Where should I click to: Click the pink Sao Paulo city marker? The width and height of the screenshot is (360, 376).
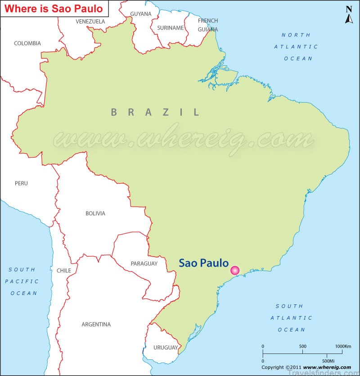click(x=234, y=270)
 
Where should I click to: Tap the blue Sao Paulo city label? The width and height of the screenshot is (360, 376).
click(x=204, y=263)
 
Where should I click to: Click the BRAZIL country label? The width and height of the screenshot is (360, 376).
click(x=155, y=112)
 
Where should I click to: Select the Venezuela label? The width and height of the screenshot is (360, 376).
click(x=90, y=21)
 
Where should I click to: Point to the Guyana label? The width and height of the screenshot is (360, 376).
click(x=141, y=14)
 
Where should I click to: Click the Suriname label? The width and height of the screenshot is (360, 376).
click(x=170, y=28)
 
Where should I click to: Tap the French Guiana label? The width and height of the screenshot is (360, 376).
click(x=207, y=25)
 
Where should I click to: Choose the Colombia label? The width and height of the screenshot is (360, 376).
click(x=27, y=43)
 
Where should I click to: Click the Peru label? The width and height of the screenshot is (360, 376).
click(x=21, y=183)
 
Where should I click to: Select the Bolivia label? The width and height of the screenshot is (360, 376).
click(x=95, y=213)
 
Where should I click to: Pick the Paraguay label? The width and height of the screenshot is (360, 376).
click(x=144, y=263)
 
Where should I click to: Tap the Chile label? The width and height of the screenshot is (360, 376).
click(x=63, y=271)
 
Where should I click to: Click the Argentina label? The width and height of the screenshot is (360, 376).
click(x=96, y=324)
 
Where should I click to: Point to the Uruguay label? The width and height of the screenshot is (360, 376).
click(x=166, y=348)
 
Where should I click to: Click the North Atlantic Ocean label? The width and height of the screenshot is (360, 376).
click(x=296, y=46)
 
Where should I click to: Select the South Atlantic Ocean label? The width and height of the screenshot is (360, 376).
click(x=291, y=318)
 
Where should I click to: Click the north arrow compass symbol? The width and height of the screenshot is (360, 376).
click(x=349, y=15)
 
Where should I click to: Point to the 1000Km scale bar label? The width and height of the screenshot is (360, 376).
click(x=343, y=346)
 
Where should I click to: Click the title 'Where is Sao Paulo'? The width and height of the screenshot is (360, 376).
click(x=54, y=9)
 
